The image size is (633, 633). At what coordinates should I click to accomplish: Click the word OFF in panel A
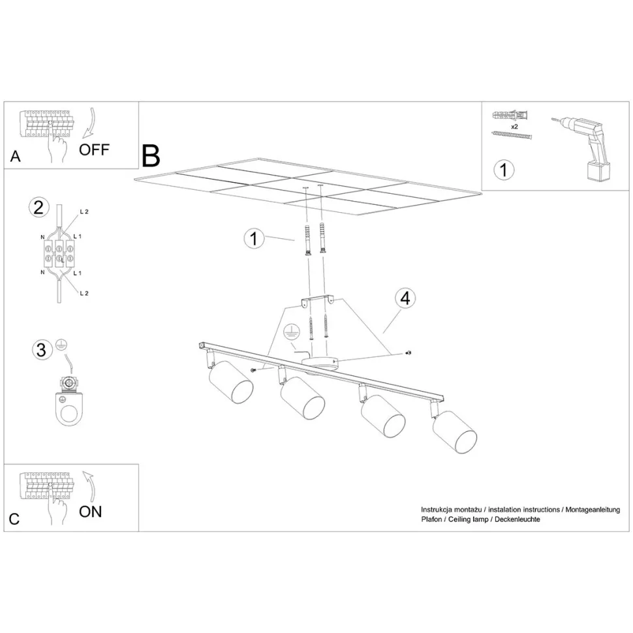[x=94, y=150]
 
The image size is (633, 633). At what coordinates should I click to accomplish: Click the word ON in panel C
[x=91, y=512]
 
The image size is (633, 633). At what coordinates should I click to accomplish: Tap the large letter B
[x=151, y=156]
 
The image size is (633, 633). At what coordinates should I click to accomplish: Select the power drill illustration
[x=583, y=149]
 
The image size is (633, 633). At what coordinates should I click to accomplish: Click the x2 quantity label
[x=514, y=127]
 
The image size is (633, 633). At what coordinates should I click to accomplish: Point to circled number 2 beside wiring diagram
[x=39, y=208]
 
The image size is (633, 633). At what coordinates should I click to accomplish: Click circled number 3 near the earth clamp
[x=42, y=350]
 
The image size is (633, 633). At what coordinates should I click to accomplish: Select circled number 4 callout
[x=405, y=298]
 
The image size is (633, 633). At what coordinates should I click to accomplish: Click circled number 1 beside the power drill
[x=504, y=170]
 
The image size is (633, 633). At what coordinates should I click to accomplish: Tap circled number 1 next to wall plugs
[x=253, y=239]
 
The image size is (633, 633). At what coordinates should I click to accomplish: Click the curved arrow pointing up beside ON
[x=89, y=486]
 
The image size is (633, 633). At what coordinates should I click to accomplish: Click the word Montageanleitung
[x=593, y=510]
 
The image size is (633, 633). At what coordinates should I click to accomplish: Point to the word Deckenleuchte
[x=517, y=519]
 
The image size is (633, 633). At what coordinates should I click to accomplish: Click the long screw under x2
[x=512, y=134]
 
